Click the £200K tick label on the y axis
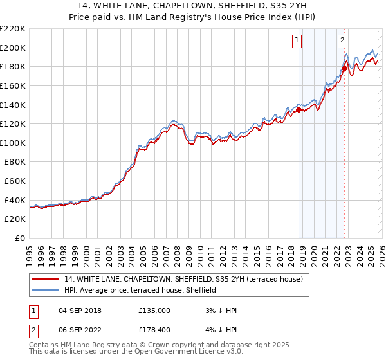13,48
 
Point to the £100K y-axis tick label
13,143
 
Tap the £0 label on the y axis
21,239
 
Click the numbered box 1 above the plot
297,40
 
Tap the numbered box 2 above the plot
342,40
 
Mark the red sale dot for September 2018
299,110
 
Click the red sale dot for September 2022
344,68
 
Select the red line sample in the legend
46,278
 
